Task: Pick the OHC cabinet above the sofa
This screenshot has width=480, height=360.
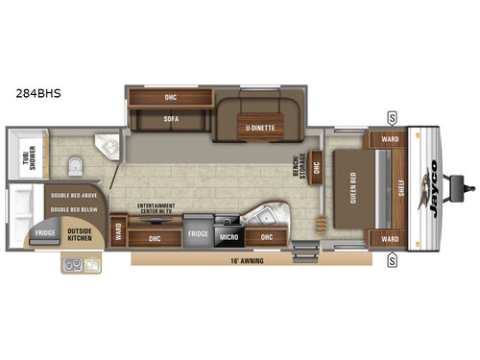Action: click(x=169, y=97)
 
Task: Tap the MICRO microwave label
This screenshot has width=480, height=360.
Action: click(x=228, y=235)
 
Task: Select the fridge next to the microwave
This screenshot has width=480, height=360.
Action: click(x=197, y=233)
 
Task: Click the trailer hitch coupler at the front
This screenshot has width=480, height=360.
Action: click(x=467, y=181)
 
